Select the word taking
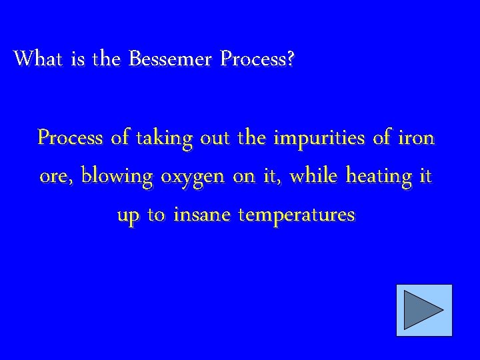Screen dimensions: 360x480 point(163,138)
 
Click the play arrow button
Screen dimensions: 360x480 point(424,310)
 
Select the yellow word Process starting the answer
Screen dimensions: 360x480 point(71,138)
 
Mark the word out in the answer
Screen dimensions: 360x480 point(215,138)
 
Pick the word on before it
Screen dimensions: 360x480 point(247,177)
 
